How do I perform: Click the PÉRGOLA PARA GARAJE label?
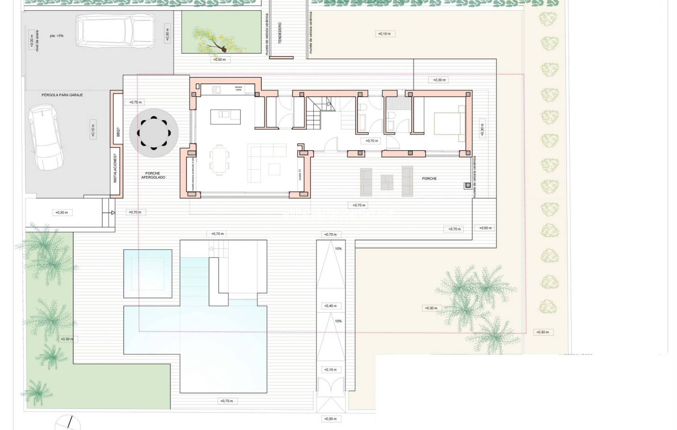(x=62, y=95)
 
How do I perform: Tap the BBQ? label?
(x=118, y=131)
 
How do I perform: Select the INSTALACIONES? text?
(x=115, y=169)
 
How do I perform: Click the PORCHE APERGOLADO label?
(x=153, y=176)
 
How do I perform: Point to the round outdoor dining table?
(x=154, y=133)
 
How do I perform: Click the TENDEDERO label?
(x=280, y=33)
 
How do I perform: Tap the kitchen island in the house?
(x=225, y=117)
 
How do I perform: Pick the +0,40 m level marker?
(x=331, y=306)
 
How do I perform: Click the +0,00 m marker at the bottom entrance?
(x=331, y=419)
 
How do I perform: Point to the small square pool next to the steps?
(x=148, y=274)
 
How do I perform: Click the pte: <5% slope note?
(x=57, y=36)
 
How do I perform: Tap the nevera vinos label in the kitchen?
(x=238, y=88)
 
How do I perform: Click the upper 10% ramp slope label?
(x=338, y=249)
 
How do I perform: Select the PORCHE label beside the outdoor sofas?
(x=429, y=178)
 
